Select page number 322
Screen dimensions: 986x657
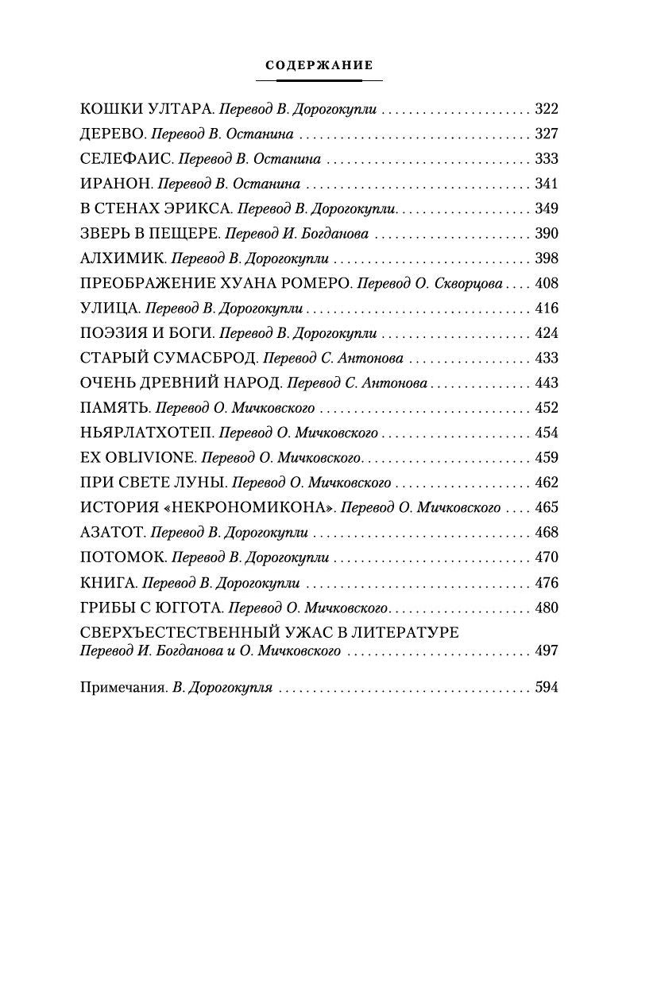click(x=547, y=109)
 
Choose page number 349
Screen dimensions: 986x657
click(x=547, y=208)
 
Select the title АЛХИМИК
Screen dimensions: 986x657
click(x=123, y=258)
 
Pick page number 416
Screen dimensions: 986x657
click(x=547, y=309)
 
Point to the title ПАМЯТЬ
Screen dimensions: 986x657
click(x=115, y=408)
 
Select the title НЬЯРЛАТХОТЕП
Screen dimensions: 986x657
click(x=146, y=433)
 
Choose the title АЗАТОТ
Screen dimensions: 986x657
click(x=113, y=532)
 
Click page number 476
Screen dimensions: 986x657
click(x=547, y=582)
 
